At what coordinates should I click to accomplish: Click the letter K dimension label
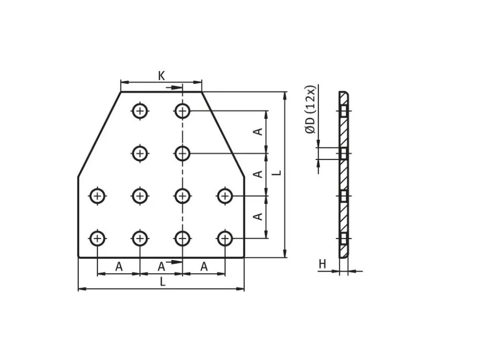(161, 76)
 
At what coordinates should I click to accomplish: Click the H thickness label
(323, 264)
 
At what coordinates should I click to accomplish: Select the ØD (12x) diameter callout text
(310, 109)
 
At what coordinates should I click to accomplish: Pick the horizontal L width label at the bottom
(163, 282)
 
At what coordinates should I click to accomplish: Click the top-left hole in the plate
(140, 110)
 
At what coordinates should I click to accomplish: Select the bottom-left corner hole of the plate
(97, 238)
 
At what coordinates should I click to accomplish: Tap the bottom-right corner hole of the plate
(225, 238)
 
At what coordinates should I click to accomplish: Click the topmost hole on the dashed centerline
(182, 110)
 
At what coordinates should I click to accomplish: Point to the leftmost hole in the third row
(97, 196)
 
